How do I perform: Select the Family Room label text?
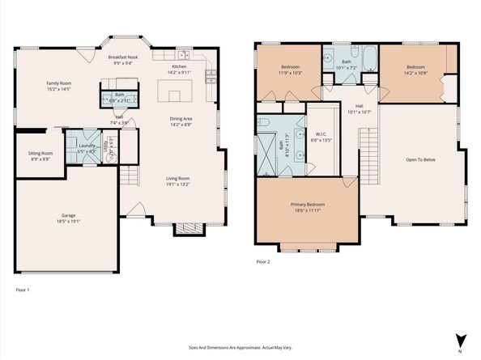58,83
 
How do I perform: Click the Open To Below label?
420,159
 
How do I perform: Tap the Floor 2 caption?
262,262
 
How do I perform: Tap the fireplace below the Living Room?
185,230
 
